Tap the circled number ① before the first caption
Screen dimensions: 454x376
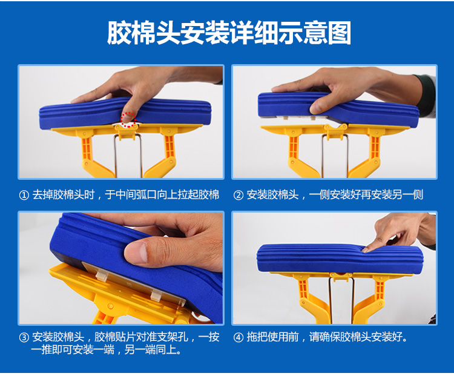(x=24, y=195)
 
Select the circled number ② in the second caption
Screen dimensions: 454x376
(x=239, y=195)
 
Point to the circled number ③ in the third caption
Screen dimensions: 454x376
(x=24, y=337)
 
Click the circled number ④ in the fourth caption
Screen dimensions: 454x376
(x=239, y=337)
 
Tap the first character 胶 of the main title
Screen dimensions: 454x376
(x=119, y=33)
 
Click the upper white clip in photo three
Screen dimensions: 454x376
(x=100, y=275)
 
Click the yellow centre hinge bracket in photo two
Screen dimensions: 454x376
(x=336, y=130)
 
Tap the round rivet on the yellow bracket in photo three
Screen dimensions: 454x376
(x=110, y=306)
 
